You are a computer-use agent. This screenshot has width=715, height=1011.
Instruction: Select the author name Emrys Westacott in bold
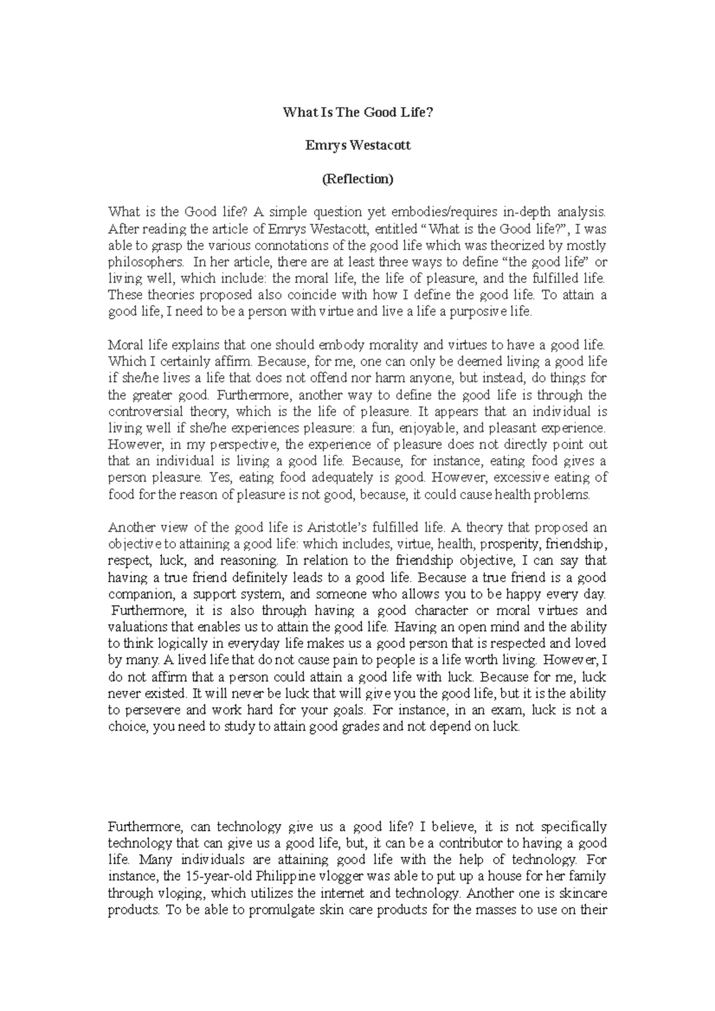357,145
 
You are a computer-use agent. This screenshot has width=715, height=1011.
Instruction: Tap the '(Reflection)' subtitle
357,179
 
